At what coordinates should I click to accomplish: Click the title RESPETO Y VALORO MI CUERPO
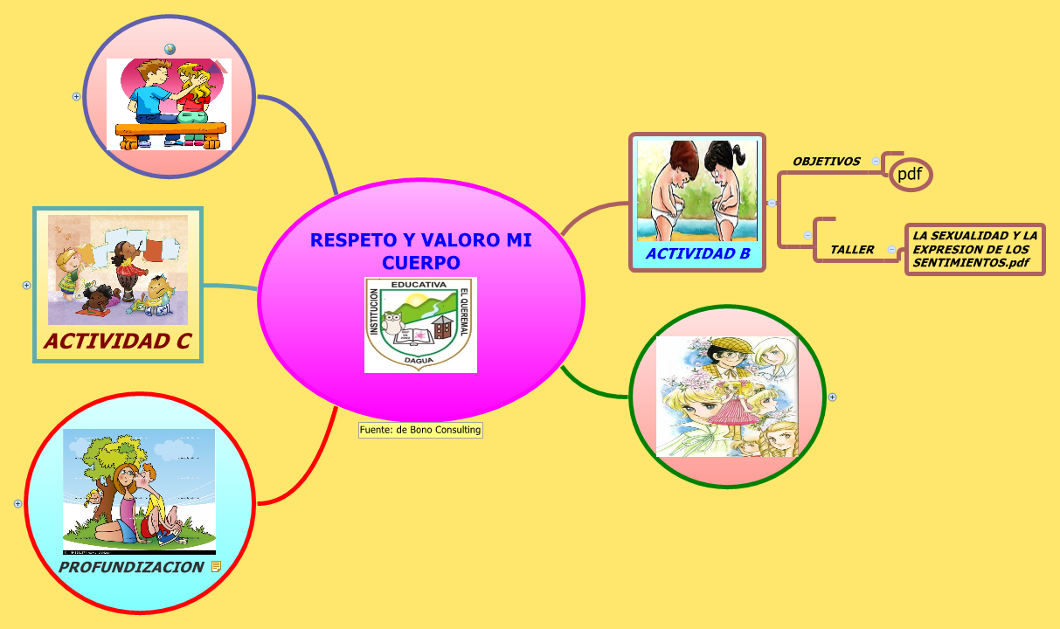[420, 251]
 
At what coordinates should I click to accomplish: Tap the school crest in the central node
[420, 325]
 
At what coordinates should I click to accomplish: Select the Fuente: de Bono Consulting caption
[420, 430]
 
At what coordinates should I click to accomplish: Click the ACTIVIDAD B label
[697, 254]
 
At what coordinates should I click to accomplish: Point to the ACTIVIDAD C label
[118, 341]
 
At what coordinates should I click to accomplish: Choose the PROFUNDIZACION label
[131, 567]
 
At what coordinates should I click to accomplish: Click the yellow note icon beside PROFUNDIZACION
[217, 567]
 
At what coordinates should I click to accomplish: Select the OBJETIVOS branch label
[826, 162]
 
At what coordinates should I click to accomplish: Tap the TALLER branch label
[852, 250]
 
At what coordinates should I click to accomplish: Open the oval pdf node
[910, 174]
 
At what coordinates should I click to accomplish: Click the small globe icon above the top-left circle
[170, 49]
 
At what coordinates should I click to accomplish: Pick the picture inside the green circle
[727, 397]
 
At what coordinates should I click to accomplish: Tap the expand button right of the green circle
[832, 397]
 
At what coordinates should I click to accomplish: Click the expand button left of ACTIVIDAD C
[26, 285]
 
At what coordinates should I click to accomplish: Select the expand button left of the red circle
[17, 503]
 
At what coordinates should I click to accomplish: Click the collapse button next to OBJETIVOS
[876, 161]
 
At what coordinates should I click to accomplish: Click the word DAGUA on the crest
[420, 359]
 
